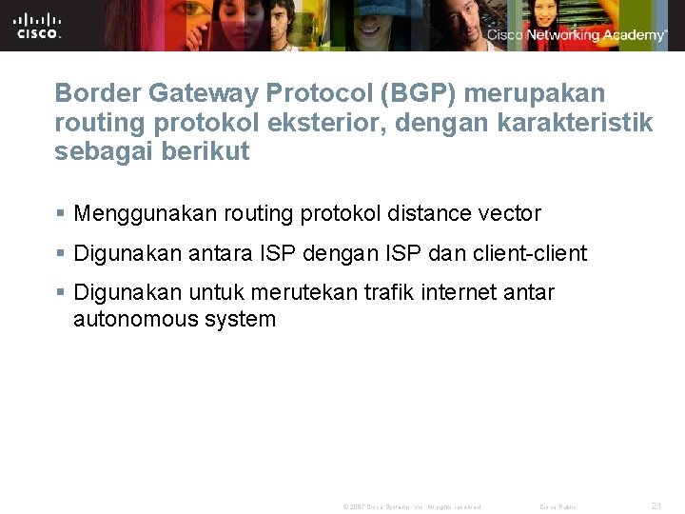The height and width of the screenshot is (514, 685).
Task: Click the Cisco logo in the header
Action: point(38,25)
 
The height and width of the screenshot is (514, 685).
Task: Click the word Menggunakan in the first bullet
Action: point(146,213)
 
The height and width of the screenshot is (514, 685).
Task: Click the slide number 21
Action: point(656,505)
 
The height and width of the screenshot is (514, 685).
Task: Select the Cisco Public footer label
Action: point(558,506)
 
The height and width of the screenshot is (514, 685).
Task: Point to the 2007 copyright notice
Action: point(412,506)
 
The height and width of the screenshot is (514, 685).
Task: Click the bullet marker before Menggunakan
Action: point(61,214)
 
